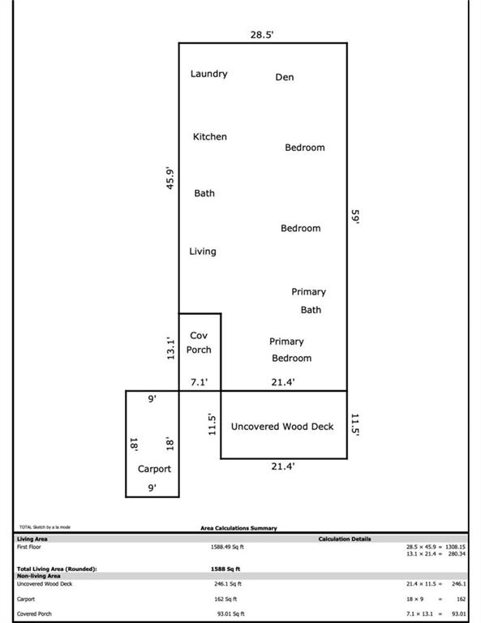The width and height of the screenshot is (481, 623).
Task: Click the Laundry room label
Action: click(209, 74)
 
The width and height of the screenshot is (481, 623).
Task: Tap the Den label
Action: click(285, 77)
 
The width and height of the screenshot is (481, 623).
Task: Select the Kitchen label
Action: click(210, 136)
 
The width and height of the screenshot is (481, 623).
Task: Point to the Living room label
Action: click(203, 251)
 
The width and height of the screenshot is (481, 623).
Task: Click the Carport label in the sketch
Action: click(154, 469)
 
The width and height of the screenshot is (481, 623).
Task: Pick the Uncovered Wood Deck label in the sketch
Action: click(282, 427)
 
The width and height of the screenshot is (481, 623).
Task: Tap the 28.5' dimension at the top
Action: click(262, 35)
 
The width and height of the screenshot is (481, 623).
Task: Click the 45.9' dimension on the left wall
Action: click(170, 178)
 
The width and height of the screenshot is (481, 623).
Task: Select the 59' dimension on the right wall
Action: click(355, 217)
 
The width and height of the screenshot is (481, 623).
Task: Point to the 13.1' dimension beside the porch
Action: click(170, 349)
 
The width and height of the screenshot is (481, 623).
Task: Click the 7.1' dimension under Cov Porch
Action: click(199, 382)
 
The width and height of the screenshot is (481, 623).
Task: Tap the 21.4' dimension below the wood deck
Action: click(283, 466)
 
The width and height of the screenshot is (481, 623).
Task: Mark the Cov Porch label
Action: click(199, 342)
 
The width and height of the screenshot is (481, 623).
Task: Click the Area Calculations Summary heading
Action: click(238, 528)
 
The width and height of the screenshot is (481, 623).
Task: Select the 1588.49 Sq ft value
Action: click(227, 547)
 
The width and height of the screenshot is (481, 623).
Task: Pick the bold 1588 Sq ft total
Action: click(225, 569)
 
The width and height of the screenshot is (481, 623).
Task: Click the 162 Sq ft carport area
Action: click(225, 599)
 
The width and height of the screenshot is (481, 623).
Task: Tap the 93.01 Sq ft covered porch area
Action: click(231, 614)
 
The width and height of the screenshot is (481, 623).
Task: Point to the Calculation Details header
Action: click(345, 539)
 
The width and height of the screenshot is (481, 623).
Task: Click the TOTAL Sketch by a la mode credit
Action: click(45, 527)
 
